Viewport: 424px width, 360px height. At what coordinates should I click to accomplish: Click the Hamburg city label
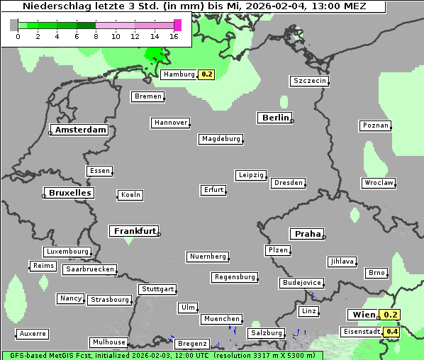click(179, 74)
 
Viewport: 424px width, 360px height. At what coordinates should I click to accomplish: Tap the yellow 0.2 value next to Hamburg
click(206, 74)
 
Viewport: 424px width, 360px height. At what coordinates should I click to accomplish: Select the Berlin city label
click(275, 118)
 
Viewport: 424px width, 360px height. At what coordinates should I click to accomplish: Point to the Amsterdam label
click(80, 130)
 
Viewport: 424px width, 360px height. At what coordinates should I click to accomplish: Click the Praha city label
click(307, 234)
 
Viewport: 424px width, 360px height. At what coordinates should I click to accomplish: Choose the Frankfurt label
click(135, 231)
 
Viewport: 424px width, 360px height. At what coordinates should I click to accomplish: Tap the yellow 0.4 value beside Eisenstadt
click(391, 332)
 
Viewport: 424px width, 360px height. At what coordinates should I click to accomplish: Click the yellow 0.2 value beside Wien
click(391, 315)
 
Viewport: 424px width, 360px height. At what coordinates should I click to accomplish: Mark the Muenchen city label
click(222, 320)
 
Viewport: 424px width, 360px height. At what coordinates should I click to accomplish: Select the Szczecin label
click(310, 81)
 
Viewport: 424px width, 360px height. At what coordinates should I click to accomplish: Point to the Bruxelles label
click(69, 193)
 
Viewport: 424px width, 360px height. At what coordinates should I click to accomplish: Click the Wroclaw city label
click(378, 183)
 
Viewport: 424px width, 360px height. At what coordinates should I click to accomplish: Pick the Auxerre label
click(33, 333)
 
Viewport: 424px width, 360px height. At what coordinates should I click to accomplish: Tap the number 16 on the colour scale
click(174, 37)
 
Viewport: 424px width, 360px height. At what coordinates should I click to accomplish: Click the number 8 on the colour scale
click(96, 37)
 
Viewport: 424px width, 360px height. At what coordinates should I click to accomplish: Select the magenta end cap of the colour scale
click(177, 25)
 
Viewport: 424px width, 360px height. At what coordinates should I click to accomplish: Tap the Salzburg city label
click(266, 333)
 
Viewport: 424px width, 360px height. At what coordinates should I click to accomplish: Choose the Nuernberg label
click(208, 257)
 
